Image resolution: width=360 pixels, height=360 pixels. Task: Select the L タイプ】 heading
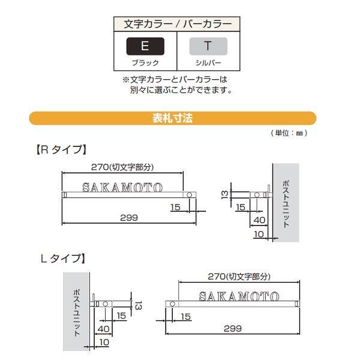(x=62, y=259)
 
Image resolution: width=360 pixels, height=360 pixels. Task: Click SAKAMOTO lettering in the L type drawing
(x=239, y=296)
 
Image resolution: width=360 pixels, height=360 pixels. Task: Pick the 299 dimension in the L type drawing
(x=233, y=328)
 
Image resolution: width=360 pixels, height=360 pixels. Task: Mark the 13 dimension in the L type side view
(x=137, y=305)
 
